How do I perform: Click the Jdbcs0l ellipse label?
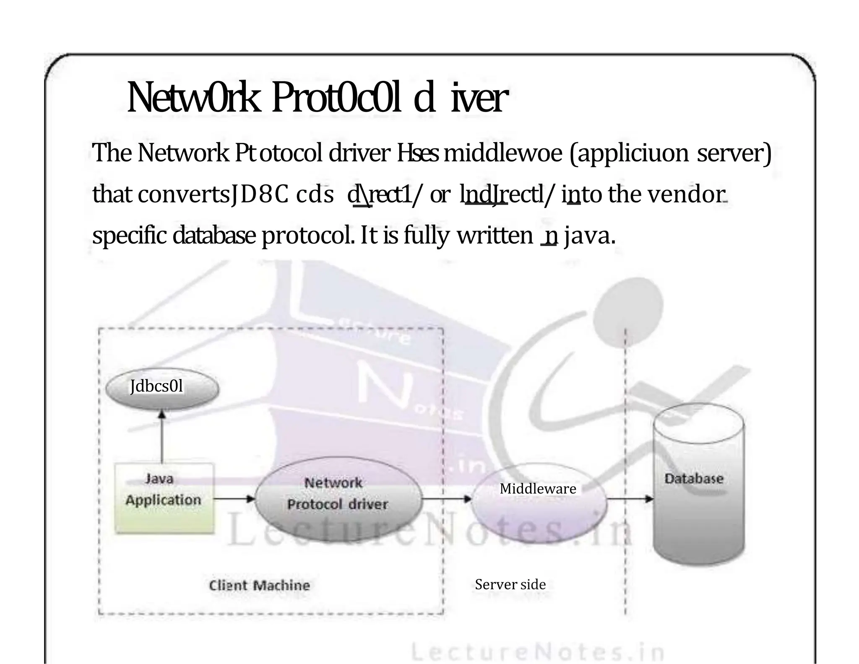156,386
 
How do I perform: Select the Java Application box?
164,498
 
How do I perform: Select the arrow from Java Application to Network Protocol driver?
234,499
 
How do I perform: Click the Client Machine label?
260,585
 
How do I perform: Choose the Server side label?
510,584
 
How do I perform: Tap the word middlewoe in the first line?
502,153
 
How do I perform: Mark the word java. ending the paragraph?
590,236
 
